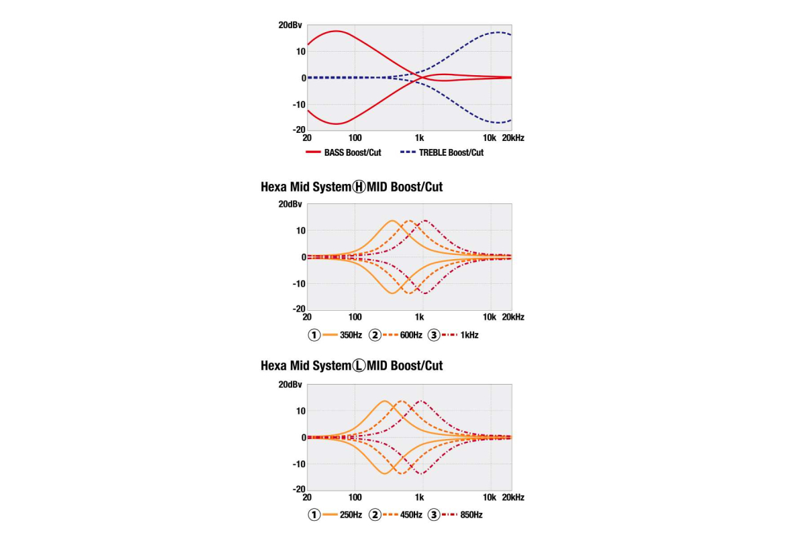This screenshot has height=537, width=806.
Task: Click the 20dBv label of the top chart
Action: tap(290, 26)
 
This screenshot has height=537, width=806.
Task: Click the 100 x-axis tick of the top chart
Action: tap(355, 138)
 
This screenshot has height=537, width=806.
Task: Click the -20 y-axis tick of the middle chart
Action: tap(298, 309)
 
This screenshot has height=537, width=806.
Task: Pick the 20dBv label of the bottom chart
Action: tap(290, 385)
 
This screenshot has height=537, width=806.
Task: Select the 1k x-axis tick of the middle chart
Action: tap(420, 317)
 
